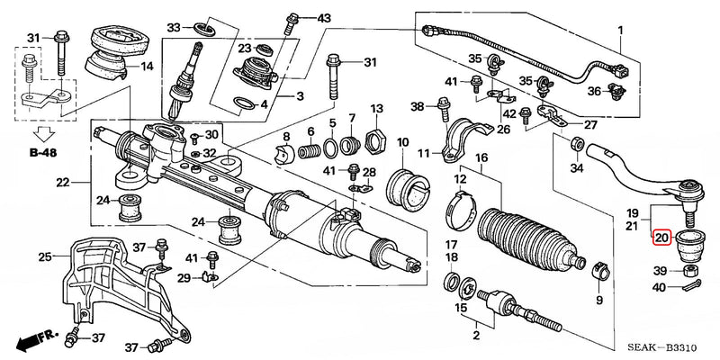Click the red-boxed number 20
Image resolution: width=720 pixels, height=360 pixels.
coord(661,238)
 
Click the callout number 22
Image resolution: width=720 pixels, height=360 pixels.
coord(61,184)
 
